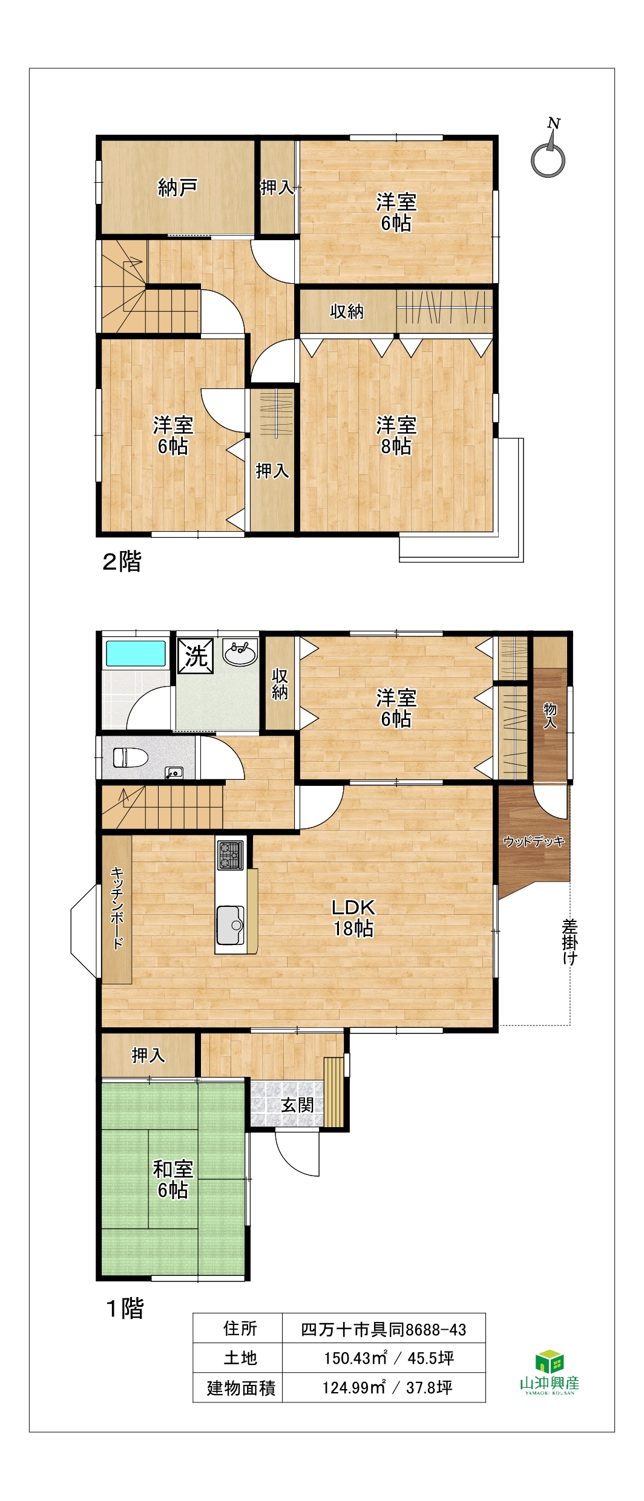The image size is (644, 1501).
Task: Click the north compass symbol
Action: (548, 151)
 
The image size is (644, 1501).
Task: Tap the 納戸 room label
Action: (177, 188)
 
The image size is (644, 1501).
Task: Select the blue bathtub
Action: (136, 653)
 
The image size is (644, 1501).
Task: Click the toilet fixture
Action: (131, 757)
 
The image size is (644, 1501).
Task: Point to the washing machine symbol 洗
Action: (195, 656)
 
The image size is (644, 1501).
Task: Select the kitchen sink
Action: (231, 925)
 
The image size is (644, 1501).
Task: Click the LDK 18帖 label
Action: (353, 917)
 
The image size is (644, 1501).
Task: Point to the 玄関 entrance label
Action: (297, 1105)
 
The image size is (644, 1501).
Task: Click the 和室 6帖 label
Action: (173, 1179)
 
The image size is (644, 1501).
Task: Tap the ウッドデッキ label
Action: (534, 841)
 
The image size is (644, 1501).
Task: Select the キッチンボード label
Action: (117, 908)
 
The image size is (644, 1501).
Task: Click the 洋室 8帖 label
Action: (396, 436)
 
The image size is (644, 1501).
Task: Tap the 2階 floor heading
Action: (122, 561)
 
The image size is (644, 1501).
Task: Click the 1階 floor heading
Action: (125, 1309)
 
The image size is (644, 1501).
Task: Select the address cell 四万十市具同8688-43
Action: (384, 1329)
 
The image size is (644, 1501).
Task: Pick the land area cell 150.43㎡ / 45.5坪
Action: (389, 1358)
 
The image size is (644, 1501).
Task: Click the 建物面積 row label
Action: (241, 1387)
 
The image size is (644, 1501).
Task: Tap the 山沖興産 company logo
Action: (550, 1372)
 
